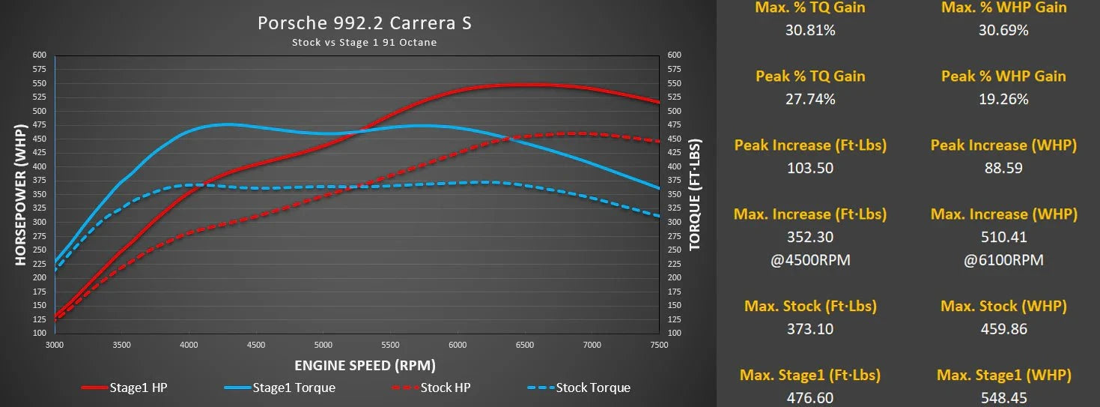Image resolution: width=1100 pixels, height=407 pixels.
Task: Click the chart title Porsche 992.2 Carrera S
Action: (365, 23)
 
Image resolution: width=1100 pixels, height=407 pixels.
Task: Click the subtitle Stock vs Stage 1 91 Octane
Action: (364, 43)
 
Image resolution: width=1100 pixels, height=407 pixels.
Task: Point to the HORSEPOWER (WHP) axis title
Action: (20, 193)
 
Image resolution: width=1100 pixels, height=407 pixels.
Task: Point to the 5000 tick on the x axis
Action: (323, 346)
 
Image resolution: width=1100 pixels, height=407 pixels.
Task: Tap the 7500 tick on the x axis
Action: (659, 346)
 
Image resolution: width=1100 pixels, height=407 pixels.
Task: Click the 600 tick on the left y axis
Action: (39, 55)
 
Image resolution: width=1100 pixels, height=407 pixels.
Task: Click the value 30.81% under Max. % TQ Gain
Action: (810, 30)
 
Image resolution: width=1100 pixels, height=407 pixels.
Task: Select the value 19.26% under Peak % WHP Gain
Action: (1003, 99)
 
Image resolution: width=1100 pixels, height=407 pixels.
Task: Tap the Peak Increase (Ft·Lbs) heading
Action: (810, 145)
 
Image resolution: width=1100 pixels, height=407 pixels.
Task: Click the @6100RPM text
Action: (1003, 260)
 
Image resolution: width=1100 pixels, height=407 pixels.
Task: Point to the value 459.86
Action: (1003, 329)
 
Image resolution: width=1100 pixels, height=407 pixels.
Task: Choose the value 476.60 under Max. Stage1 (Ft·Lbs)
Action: (810, 398)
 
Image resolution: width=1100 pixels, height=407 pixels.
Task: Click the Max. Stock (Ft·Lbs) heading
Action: (810, 306)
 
